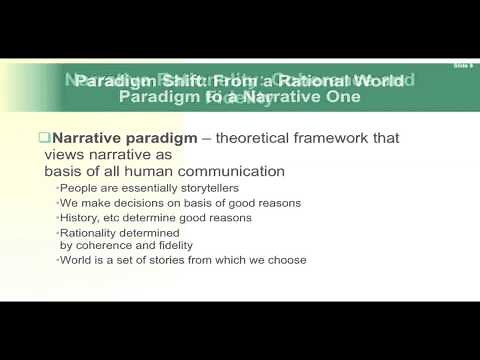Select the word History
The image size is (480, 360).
coord(76,217)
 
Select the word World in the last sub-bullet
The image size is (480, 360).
coord(74,260)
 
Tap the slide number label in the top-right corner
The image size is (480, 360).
coord(461,63)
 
